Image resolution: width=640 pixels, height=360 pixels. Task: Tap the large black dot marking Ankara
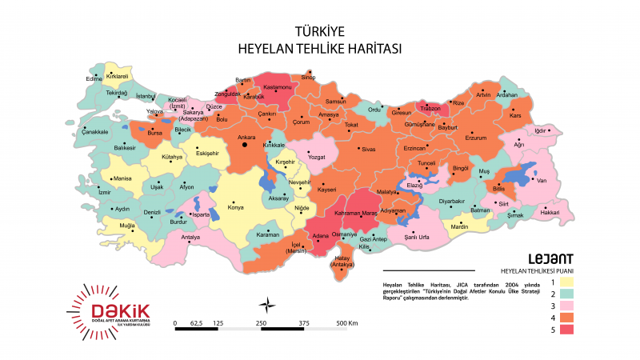245,146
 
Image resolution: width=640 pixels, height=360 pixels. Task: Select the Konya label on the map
235,207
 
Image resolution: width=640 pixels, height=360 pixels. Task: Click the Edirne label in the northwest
94,79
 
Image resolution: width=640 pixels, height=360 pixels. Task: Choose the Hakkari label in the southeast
550,212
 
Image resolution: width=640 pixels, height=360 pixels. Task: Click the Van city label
541,181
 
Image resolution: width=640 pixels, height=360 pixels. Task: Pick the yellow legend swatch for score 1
567,281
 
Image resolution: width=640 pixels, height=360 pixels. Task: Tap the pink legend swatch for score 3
567,305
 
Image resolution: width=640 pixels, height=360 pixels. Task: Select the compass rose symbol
270,303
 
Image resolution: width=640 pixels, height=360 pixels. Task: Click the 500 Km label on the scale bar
347,323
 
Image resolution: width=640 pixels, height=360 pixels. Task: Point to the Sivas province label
368,150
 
